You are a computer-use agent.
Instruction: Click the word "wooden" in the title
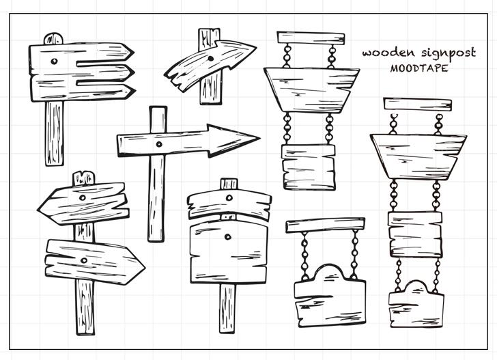click(x=384, y=53)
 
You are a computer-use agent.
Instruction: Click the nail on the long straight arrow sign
click(x=159, y=144)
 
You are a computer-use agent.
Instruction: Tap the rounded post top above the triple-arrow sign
click(x=53, y=38)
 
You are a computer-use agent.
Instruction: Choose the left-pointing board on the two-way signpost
click(x=82, y=204)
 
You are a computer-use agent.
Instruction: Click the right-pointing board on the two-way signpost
click(x=92, y=262)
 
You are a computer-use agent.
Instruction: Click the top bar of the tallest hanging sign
click(x=417, y=105)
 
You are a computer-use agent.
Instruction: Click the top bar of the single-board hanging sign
click(x=325, y=225)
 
